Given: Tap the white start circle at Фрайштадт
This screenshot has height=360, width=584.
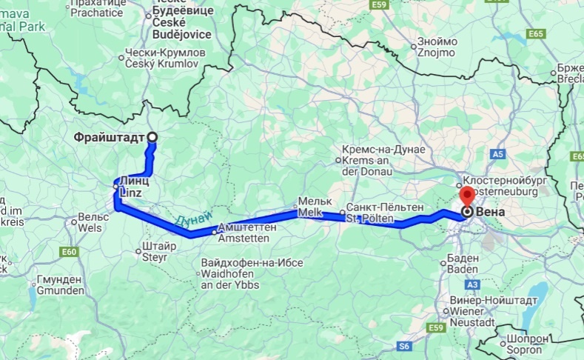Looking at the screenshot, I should tap(152, 136).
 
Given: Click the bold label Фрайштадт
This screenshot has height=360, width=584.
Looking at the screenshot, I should tap(109, 137).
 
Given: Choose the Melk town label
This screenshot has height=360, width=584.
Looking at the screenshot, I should tap(310, 207).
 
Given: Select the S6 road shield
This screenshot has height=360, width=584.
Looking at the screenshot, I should tap(404, 345).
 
